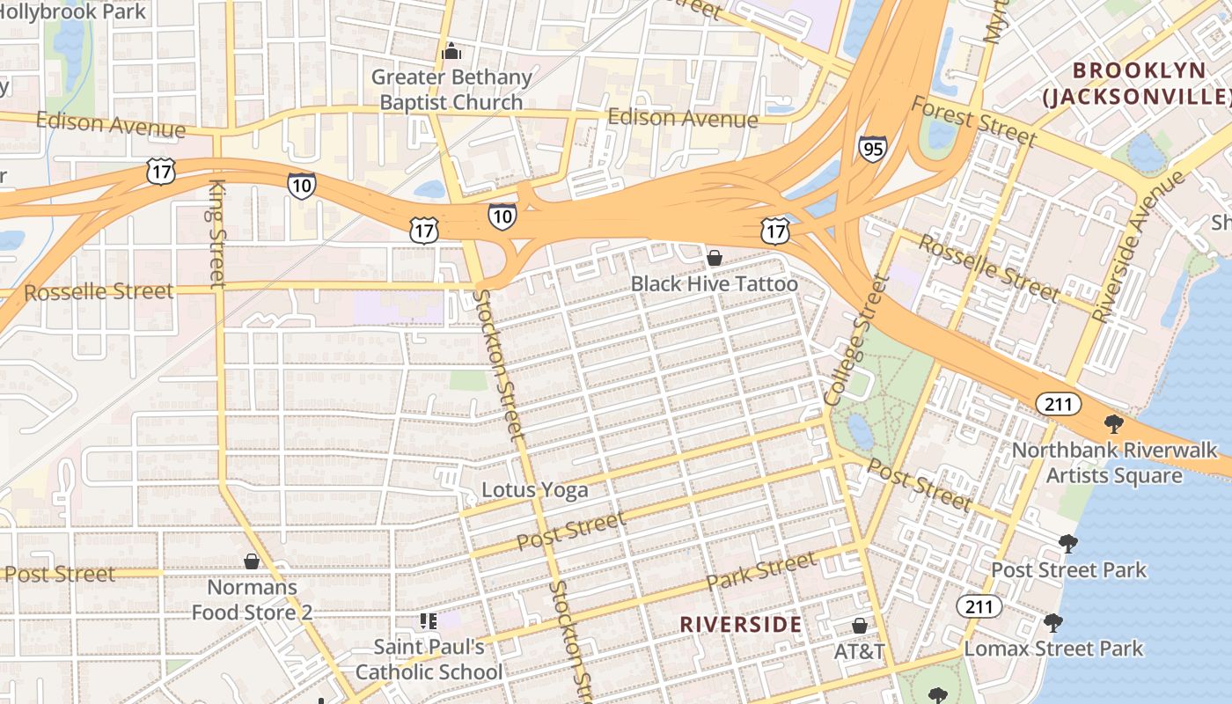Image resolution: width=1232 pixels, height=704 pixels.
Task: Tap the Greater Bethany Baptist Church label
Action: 451,90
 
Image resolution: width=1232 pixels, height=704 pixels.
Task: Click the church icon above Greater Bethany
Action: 451,52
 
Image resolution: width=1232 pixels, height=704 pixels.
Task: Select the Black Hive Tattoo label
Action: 715,284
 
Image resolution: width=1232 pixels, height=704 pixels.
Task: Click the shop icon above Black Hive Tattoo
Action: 715,258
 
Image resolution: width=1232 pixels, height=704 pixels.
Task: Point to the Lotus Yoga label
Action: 535,490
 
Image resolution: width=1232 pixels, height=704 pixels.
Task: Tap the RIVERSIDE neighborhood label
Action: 741,625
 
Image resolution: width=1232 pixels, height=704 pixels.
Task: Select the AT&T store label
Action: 859,652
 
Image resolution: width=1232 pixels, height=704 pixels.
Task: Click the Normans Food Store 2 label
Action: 253,599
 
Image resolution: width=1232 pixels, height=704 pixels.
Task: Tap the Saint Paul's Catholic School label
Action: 429,660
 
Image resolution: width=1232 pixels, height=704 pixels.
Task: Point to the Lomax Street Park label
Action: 1053,649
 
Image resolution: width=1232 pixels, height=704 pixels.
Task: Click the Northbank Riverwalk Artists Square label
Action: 1114,463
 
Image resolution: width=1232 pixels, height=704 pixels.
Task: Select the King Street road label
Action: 217,233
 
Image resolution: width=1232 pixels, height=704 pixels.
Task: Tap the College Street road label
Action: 857,340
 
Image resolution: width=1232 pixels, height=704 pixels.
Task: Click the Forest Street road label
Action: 973,121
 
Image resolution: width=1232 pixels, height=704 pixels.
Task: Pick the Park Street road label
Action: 760,571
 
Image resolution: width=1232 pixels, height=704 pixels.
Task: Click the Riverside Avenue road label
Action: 1137,247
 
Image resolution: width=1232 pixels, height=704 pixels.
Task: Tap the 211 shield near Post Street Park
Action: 979,606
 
